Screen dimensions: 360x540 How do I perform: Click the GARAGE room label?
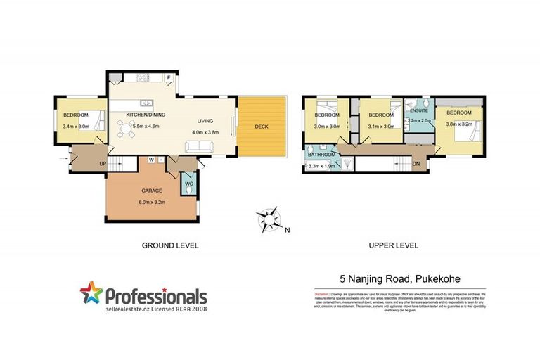pyautogui.click(x=152, y=191)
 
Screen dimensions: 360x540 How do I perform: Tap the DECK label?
pyautogui.click(x=262, y=127)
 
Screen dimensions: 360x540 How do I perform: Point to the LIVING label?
pyautogui.click(x=205, y=121)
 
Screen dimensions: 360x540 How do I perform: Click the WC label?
pyautogui.click(x=189, y=184)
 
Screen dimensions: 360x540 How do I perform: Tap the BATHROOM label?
pyautogui.click(x=321, y=153)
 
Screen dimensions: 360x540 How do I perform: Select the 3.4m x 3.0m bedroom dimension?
pyautogui.click(x=76, y=126)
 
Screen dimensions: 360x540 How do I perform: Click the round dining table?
pyautogui.click(x=127, y=129)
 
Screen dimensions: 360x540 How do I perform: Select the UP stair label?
pyautogui.click(x=103, y=163)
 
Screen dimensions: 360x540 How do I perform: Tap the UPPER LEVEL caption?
pyautogui.click(x=393, y=245)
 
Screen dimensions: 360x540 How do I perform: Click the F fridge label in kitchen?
pyautogui.click(x=169, y=78)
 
